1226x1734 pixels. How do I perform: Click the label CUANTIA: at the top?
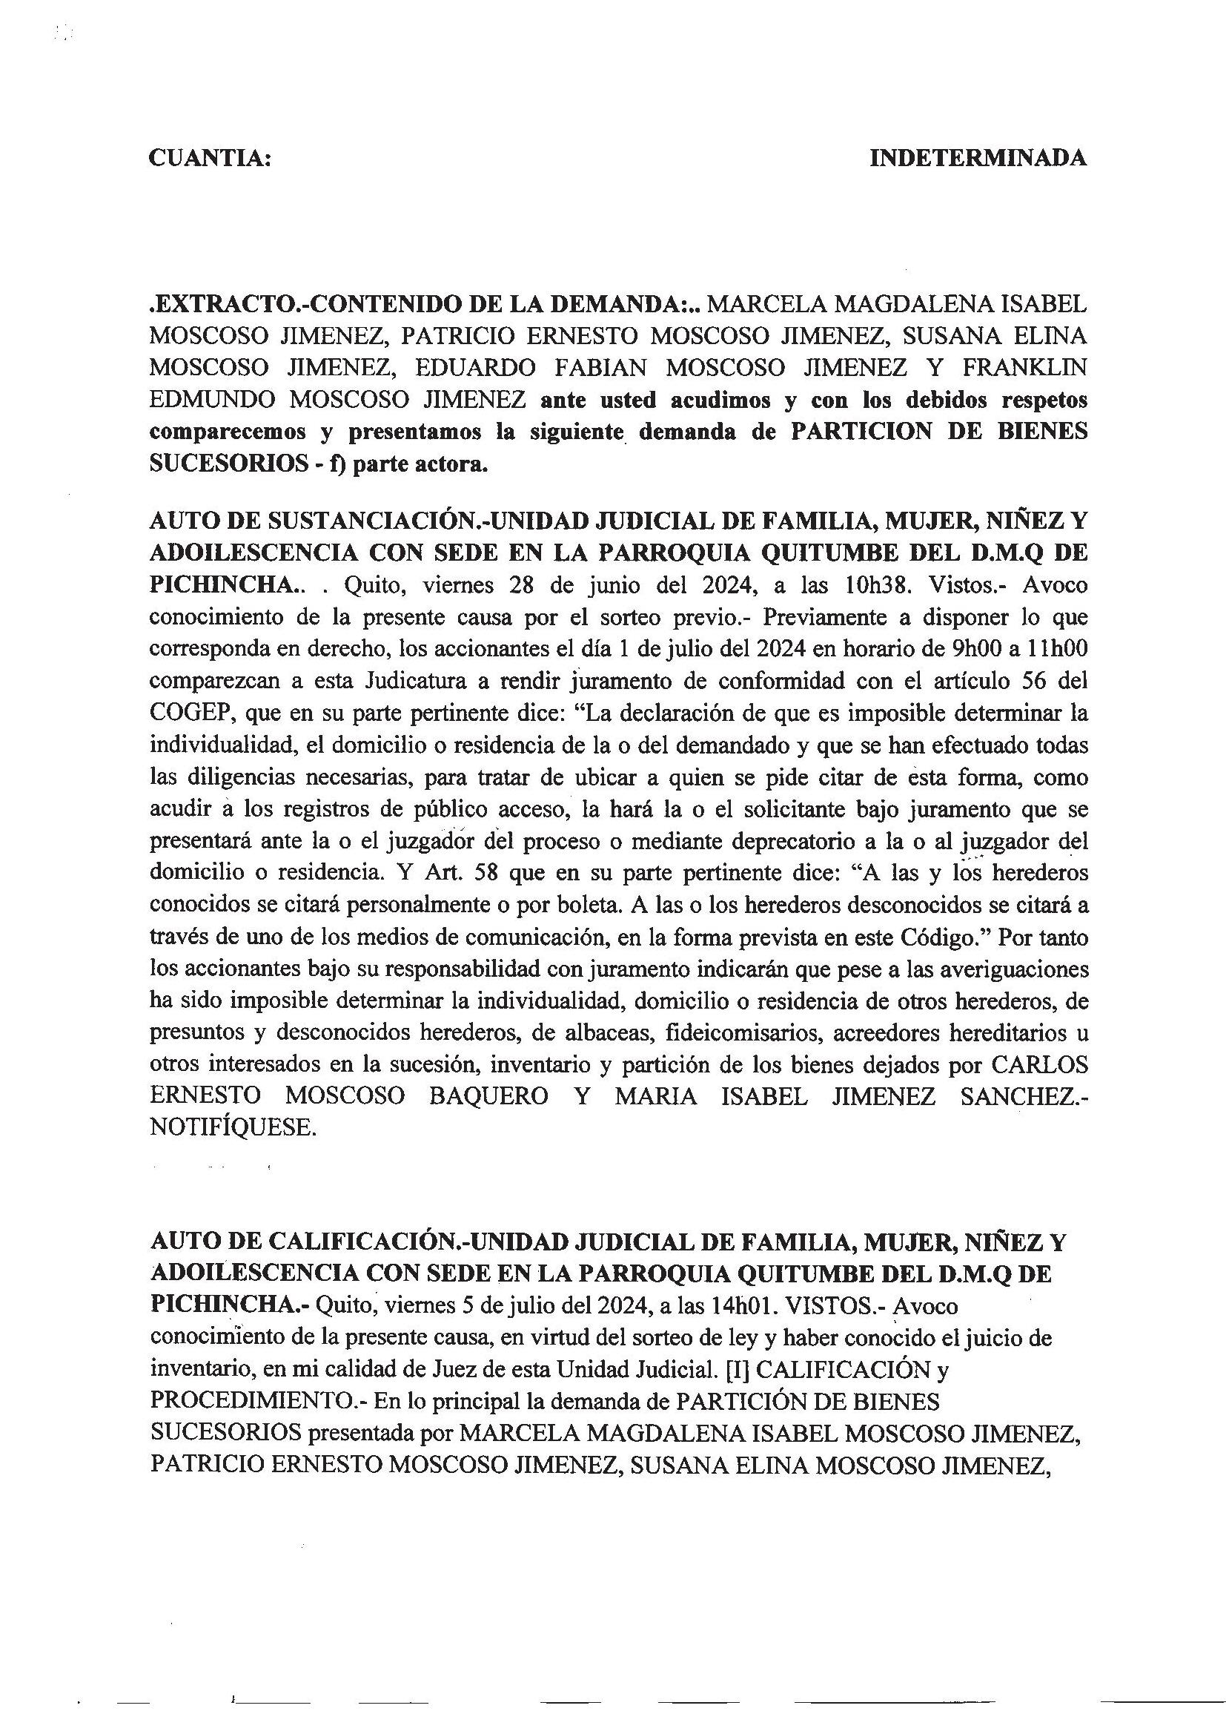(x=210, y=158)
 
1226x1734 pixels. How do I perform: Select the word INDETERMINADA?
(x=978, y=158)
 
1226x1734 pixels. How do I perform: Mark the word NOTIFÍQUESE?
(x=231, y=1128)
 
